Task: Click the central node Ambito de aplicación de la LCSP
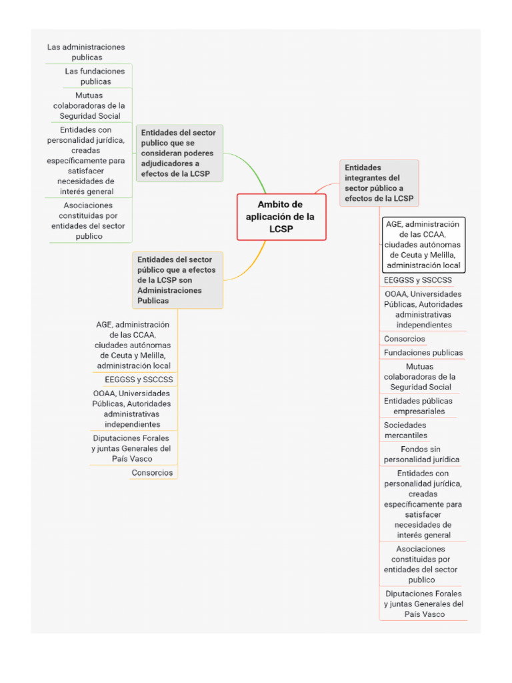click(x=281, y=217)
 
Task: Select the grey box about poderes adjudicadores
click(x=179, y=153)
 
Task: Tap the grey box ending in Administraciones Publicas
click(x=177, y=279)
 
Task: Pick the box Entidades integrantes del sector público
click(x=379, y=183)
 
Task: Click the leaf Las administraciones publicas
click(x=86, y=52)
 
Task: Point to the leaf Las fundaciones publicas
click(x=95, y=76)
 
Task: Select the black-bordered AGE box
click(x=423, y=245)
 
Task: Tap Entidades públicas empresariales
click(x=418, y=406)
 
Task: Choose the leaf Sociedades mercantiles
click(x=405, y=430)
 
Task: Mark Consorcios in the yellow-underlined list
click(x=152, y=473)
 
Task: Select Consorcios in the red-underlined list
click(x=405, y=339)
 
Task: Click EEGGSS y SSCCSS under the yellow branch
click(x=139, y=380)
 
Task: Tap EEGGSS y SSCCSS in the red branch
click(x=418, y=280)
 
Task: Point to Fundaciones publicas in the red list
click(x=423, y=352)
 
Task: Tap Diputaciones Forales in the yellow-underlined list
click(x=131, y=448)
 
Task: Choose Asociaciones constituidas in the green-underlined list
click(x=88, y=221)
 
